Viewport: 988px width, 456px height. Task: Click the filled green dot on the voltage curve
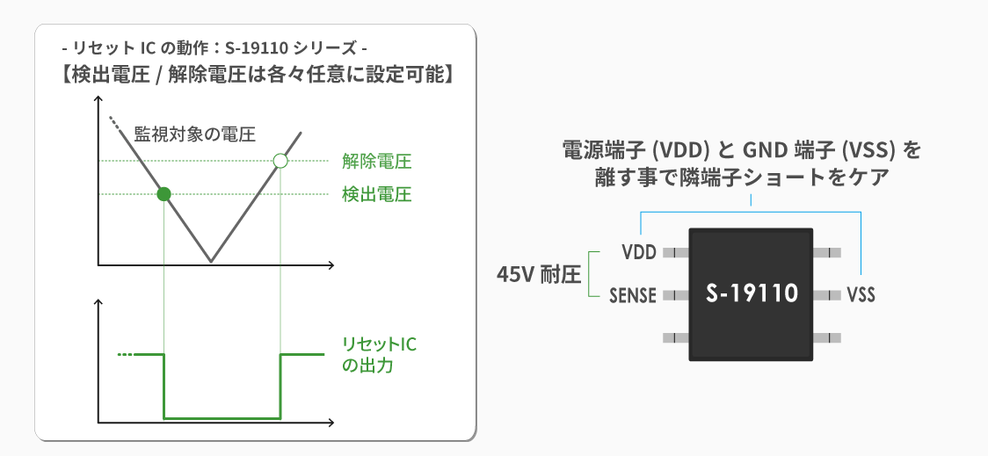click(x=163, y=194)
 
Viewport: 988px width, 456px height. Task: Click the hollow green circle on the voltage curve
click(x=280, y=161)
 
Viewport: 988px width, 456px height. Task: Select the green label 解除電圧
click(x=377, y=162)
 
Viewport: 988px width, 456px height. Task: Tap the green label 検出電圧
click(x=377, y=194)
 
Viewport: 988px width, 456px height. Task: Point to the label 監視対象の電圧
click(x=195, y=134)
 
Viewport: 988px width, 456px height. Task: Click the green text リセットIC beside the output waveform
click(x=379, y=344)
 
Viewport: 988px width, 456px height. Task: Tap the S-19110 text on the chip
click(x=752, y=293)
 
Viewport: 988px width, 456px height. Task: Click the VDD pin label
click(x=639, y=252)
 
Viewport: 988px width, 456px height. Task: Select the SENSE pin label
click(x=633, y=294)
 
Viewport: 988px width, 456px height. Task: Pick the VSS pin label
click(x=861, y=294)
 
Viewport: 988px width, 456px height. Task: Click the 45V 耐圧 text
click(x=538, y=275)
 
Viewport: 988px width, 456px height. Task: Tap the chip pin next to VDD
click(x=676, y=252)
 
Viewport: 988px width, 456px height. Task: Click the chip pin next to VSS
click(x=826, y=294)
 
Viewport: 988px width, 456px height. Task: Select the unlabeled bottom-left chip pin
click(x=676, y=337)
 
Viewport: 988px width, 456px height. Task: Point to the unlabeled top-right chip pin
click(x=826, y=252)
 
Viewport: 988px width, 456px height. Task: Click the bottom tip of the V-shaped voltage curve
click(x=210, y=261)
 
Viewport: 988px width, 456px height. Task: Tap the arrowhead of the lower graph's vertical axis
click(x=98, y=302)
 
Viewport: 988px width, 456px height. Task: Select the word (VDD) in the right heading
click(x=680, y=150)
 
